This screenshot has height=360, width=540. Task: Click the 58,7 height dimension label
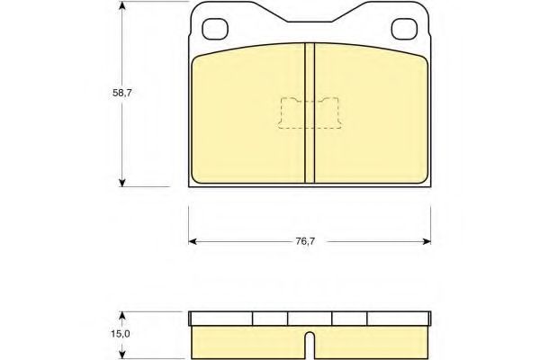[x=121, y=93]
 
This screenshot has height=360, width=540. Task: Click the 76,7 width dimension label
[x=305, y=241]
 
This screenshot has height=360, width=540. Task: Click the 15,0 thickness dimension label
[x=121, y=334]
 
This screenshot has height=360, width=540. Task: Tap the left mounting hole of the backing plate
[x=215, y=29]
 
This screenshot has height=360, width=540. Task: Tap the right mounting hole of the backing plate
[x=404, y=29]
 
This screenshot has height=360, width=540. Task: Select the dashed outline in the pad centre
[x=310, y=113]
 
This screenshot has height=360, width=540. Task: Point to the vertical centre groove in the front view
[x=310, y=112]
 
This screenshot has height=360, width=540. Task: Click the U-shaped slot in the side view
[x=310, y=346]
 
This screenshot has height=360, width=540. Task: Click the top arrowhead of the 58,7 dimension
[x=121, y=5]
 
